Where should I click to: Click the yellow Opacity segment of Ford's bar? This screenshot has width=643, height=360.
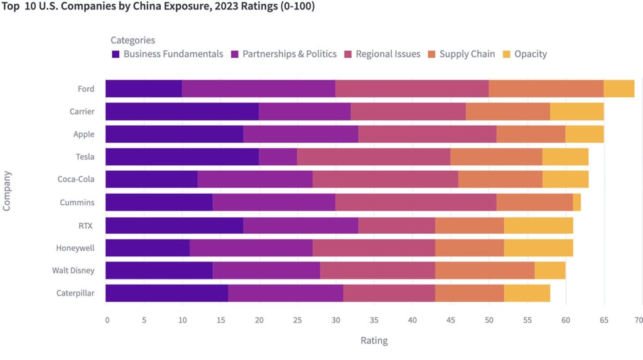619,89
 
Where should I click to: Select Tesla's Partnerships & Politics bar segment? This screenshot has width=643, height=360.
278,156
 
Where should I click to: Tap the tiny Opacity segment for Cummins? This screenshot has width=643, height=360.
576,202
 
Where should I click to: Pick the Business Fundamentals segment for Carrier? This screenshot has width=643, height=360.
182,111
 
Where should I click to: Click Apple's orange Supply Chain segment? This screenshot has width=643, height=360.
531,134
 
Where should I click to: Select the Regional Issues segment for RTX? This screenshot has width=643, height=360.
396,225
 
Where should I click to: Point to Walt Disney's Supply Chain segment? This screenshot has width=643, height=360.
485,270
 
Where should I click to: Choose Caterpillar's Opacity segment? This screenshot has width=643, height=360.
527,293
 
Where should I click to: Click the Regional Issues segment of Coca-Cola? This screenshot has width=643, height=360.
385,179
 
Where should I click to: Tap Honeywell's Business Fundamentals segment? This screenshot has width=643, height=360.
148,248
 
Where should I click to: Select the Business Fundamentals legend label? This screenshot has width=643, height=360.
173,54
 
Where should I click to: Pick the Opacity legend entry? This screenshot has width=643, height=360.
530,54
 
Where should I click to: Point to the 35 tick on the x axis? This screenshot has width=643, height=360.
374,320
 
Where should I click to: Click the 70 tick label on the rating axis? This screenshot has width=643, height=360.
638,320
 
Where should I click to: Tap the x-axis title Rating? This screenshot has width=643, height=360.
374,341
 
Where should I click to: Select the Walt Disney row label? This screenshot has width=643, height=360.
73,270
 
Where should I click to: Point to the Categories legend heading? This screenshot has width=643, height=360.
132,40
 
